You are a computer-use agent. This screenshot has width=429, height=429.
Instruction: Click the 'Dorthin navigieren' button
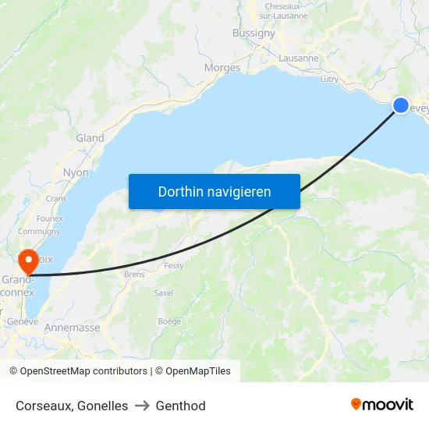[214, 191]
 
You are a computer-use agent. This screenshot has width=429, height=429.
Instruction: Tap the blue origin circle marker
[401, 105]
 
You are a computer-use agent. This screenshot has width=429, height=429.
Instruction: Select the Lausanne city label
[299, 58]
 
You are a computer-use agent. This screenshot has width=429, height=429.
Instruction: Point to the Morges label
[222, 68]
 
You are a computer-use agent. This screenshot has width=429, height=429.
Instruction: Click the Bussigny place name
[253, 33]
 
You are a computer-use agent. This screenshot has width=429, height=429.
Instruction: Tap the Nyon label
[76, 172]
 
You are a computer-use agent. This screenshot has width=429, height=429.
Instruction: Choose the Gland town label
[90, 138]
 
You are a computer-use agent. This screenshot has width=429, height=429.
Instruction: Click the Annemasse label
[72, 328]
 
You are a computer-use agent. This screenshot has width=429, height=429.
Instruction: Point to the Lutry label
[329, 79]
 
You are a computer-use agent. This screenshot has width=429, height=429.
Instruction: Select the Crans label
[56, 199]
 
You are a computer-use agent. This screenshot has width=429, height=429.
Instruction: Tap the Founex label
[49, 218]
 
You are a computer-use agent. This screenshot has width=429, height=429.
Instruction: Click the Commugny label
[39, 232]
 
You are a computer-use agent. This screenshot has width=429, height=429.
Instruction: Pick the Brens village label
[134, 275]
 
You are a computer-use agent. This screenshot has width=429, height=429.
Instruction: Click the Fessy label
[173, 266]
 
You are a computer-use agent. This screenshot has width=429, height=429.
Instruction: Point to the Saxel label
[164, 293]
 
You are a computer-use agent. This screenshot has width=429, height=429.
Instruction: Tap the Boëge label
[169, 321]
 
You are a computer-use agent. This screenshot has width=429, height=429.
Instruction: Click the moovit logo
[381, 405]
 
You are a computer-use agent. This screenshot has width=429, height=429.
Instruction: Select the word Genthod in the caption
[180, 406]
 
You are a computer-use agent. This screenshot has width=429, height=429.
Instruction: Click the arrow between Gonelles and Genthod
[142, 406]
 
